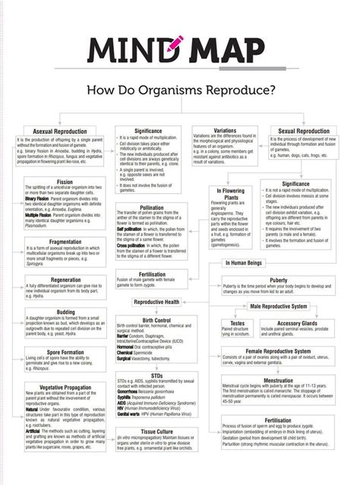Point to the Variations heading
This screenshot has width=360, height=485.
point(225,130)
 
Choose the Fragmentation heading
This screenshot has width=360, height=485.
point(65,242)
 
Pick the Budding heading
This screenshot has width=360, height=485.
point(65,312)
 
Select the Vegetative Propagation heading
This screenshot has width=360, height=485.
point(65,387)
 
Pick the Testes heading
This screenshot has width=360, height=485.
point(238,322)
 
